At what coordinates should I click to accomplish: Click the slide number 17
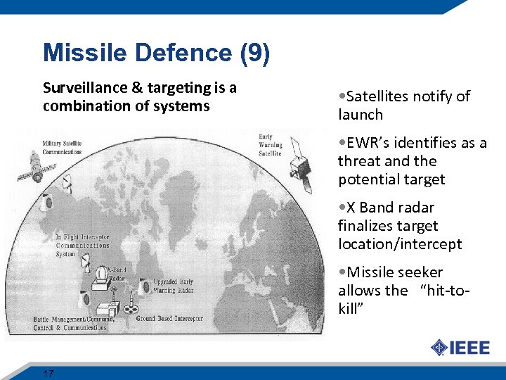[48, 373]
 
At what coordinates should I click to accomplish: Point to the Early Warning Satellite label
[271, 145]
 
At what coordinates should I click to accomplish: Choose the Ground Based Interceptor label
[169, 319]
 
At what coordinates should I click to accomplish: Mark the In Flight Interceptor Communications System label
[84, 245]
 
